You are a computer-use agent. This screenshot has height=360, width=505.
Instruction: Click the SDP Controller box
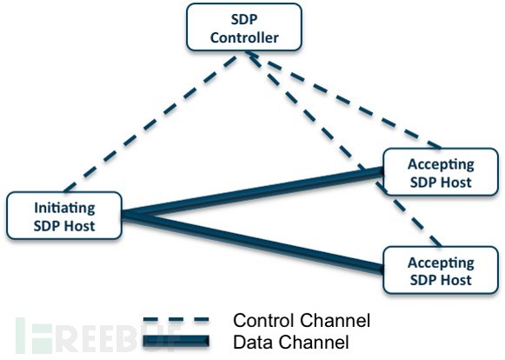click(244, 27)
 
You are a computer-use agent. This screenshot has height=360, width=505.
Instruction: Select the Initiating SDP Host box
click(64, 216)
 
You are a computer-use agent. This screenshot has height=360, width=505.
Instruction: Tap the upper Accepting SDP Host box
click(441, 172)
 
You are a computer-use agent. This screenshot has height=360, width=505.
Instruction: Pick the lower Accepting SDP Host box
click(441, 270)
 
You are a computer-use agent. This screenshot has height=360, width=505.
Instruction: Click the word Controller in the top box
click(244, 37)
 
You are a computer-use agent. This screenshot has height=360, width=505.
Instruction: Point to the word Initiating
click(64, 208)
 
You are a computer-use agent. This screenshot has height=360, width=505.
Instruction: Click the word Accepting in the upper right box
click(441, 165)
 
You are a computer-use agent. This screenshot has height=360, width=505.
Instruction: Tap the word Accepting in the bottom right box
click(441, 263)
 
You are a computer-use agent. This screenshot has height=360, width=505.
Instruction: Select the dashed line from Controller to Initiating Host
click(150, 123)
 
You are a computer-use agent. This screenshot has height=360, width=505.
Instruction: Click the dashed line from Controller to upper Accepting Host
click(344, 100)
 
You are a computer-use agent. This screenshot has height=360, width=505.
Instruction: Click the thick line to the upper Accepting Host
click(252, 193)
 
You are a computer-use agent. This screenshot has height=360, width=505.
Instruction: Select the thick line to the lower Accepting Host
click(252, 243)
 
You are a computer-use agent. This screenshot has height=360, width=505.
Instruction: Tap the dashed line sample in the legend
click(176, 320)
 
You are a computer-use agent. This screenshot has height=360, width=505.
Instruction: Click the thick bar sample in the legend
click(176, 341)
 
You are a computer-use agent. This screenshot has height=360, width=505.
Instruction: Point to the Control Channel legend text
click(302, 321)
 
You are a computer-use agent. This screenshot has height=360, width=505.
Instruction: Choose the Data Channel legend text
click(291, 342)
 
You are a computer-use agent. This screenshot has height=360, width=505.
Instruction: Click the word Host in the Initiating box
click(79, 225)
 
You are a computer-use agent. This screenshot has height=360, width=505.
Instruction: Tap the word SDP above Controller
click(244, 19)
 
